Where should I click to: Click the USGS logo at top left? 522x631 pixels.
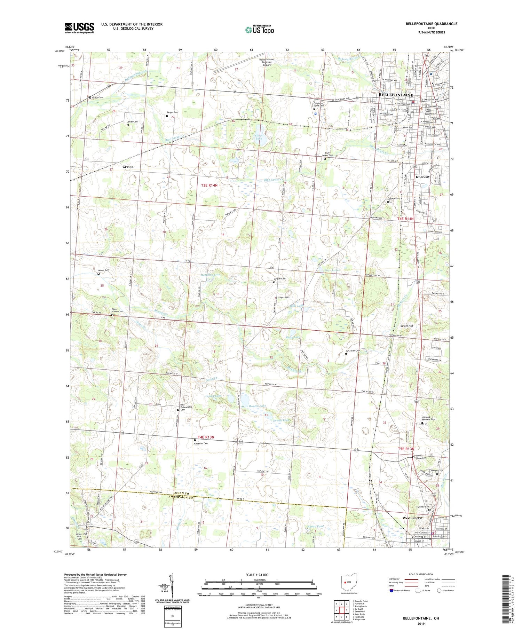click(x=79, y=28)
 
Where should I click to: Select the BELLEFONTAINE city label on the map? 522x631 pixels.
click(x=395, y=95)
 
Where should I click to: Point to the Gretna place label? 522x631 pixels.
click(x=128, y=167)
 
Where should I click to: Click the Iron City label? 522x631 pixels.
click(x=422, y=177)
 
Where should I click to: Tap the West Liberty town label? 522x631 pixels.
click(x=412, y=518)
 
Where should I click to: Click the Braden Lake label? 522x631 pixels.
click(x=258, y=406)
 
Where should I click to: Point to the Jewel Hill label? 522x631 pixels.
click(x=406, y=326)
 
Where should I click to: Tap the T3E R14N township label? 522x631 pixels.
click(x=209, y=185)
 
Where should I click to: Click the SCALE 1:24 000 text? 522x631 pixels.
click(x=259, y=575)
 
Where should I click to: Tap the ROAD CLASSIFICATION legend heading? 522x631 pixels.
click(x=421, y=574)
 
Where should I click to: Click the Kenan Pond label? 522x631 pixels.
click(x=316, y=527)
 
